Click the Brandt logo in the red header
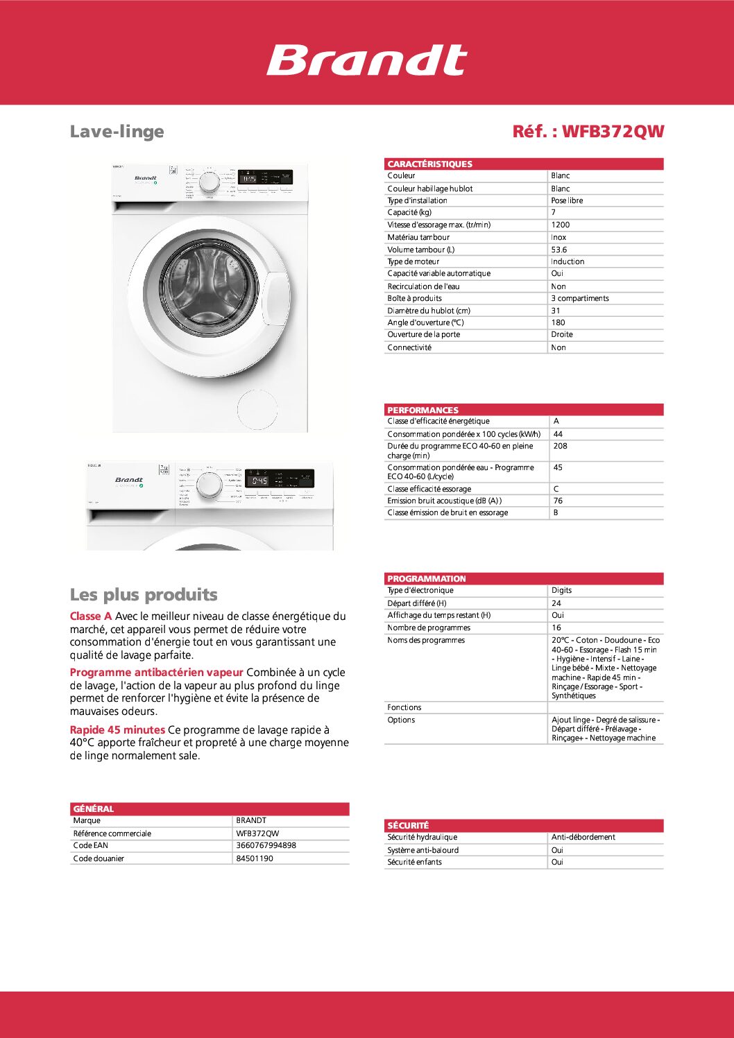point(366,60)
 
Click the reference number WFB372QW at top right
point(588,131)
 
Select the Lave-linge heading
point(117,131)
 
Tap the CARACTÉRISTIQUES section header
point(429,164)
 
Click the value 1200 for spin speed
point(560,225)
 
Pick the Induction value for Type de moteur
point(567,261)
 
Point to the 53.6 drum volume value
point(558,250)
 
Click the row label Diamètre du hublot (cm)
point(429,311)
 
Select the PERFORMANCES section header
point(423,410)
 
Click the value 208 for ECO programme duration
point(560,446)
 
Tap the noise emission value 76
point(558,501)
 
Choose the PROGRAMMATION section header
point(426,578)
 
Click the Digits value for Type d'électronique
point(561,590)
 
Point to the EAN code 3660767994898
point(266,845)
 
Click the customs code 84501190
point(254,858)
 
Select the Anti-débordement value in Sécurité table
point(583,837)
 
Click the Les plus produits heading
point(144,594)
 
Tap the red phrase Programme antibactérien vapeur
point(156,672)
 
